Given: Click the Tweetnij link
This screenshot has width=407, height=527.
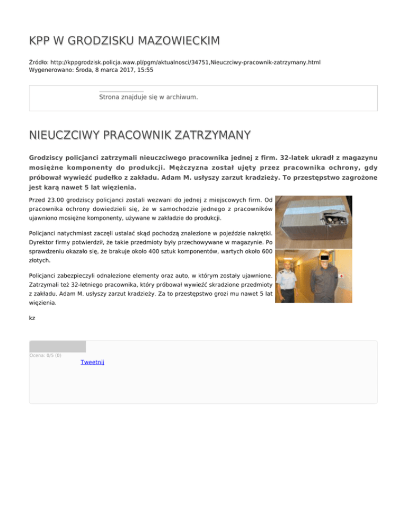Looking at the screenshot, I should [x=92, y=362].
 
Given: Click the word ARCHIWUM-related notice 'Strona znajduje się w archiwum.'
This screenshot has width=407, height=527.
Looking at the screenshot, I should [x=148, y=97].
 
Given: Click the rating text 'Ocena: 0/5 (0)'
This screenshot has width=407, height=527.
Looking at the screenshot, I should [x=45, y=355].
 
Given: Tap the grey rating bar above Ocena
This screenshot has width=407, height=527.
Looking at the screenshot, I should [x=57, y=346].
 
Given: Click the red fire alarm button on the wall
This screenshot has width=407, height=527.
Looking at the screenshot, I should [x=341, y=276].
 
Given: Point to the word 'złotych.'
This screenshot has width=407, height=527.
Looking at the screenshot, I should [x=39, y=260].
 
